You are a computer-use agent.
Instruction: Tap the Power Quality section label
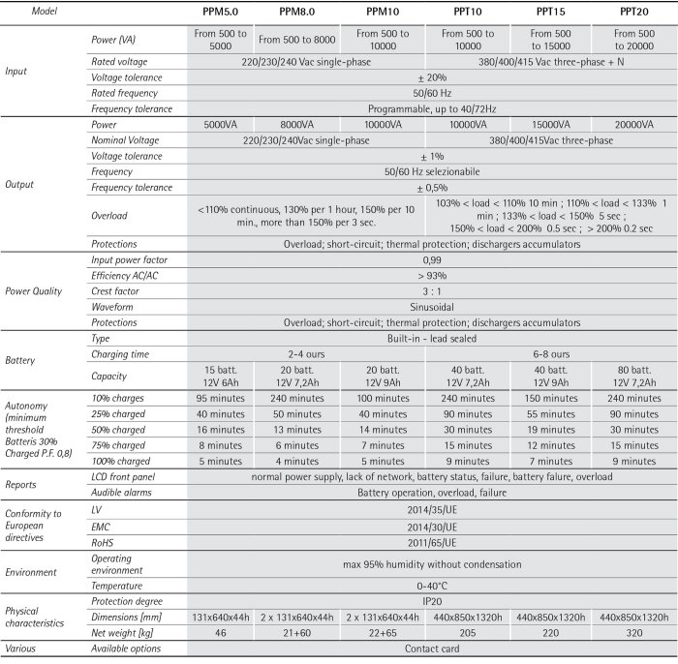coord(36,290)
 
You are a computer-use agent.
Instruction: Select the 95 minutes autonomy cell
coord(219,398)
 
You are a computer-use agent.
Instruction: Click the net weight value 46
coord(219,632)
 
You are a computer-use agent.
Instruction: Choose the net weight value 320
coord(635,632)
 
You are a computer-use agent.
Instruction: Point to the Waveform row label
coord(113,306)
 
